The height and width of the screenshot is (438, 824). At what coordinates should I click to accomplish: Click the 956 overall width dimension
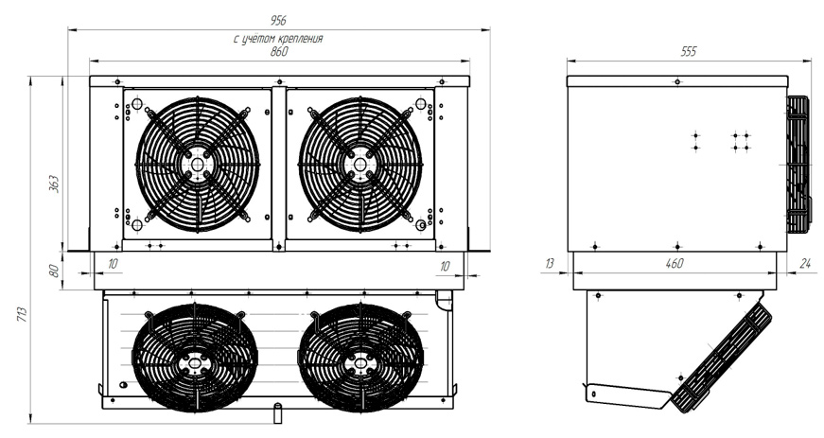coord(278,21)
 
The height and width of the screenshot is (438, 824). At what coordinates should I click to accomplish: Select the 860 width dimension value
coord(279,51)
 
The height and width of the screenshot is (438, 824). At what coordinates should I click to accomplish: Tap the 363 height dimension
coord(54,184)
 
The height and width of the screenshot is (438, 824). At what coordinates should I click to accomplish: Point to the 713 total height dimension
coord(21,315)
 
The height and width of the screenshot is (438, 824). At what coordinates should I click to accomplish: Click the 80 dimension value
coord(54,271)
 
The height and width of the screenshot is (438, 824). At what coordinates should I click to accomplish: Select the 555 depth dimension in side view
coord(689,51)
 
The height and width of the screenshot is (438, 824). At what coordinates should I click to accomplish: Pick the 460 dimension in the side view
coord(675,263)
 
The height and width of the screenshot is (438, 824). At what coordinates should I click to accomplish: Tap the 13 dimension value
coord(549,263)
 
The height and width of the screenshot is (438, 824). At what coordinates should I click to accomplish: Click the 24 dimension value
coord(805,263)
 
